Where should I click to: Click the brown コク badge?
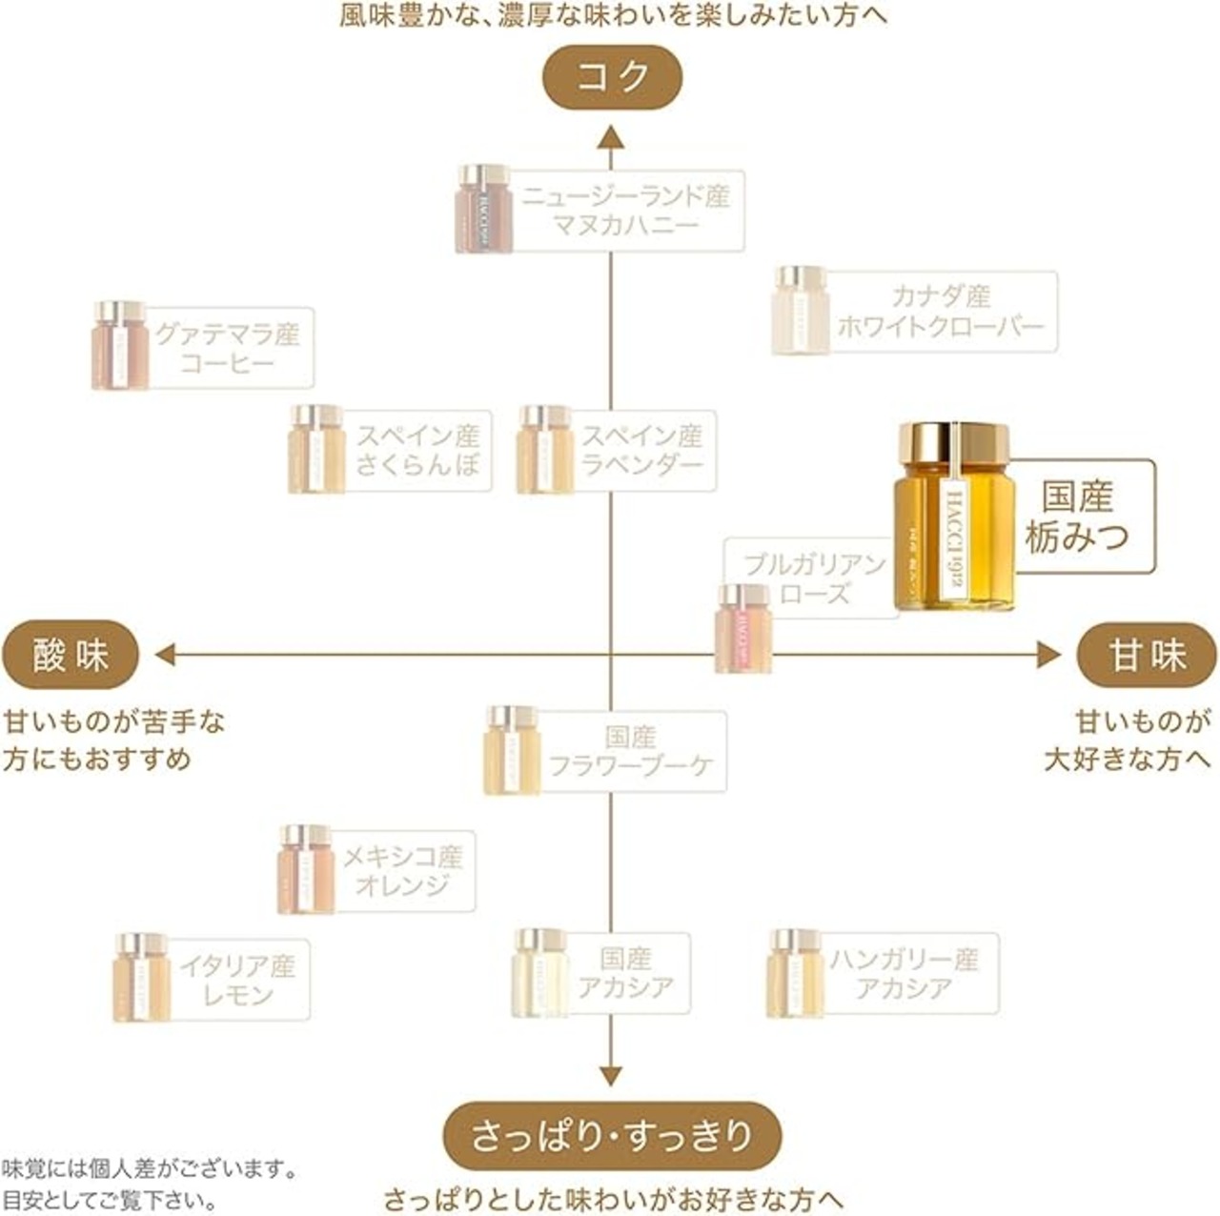(612, 76)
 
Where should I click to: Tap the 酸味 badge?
(71, 656)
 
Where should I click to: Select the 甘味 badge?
(1147, 656)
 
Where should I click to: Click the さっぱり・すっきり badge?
(612, 1136)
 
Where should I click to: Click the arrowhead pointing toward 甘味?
(1047, 655)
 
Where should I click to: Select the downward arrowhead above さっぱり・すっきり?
(611, 1075)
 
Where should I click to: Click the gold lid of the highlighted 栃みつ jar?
(952, 441)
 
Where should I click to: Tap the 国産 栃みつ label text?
(1077, 517)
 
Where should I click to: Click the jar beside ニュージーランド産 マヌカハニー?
(483, 209)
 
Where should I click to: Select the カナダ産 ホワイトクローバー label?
(941, 311)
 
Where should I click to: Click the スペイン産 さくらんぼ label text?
(417, 450)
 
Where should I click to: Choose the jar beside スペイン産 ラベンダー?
(544, 450)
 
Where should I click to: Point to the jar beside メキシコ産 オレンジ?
(307, 868)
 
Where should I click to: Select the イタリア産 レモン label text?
(238, 981)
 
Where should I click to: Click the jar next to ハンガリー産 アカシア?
(795, 973)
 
